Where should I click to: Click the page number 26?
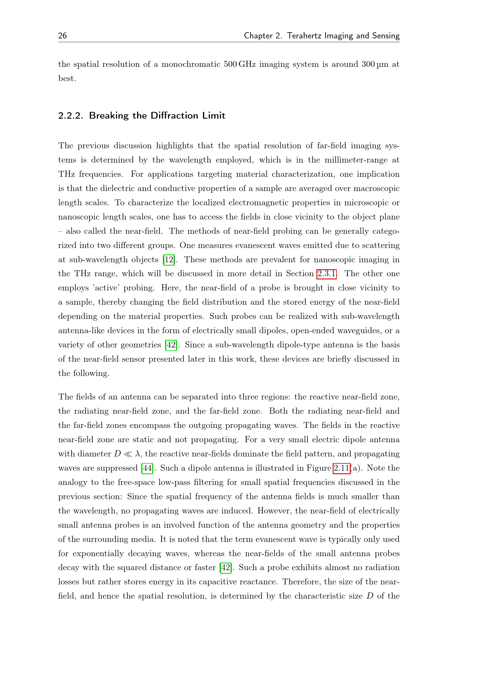point(63,36)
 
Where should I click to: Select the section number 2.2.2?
point(70,115)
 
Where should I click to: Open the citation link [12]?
point(169,260)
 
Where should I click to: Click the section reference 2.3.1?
point(326,274)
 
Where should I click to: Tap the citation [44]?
point(147,468)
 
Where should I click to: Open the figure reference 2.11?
point(341,468)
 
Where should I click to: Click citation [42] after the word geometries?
point(171,345)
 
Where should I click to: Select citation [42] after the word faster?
point(226,568)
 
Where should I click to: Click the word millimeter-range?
point(356,160)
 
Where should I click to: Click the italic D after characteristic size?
point(370,596)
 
